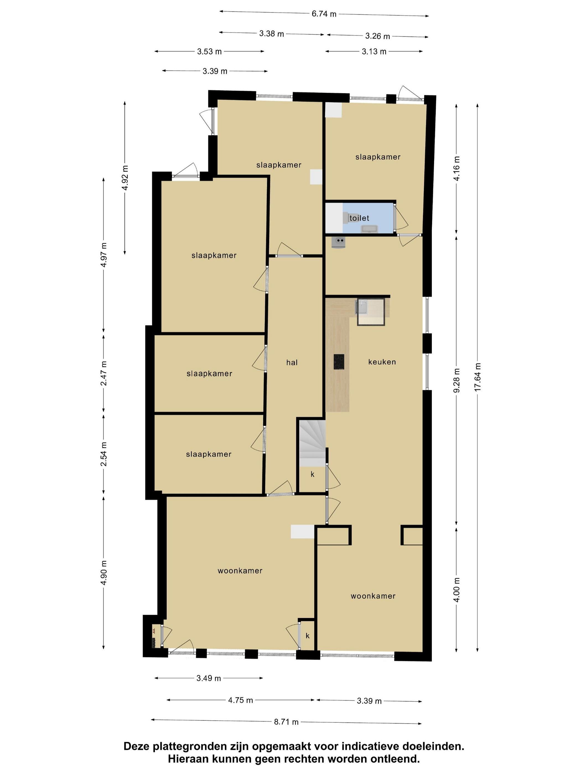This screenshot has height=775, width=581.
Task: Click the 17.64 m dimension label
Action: (478, 377)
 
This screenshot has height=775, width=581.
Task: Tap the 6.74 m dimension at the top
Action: (324, 14)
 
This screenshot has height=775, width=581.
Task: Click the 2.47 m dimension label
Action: (104, 373)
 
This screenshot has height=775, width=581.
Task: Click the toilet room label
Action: (359, 218)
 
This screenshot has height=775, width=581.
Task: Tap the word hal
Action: (292, 363)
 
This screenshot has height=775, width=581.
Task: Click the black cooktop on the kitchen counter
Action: (339, 362)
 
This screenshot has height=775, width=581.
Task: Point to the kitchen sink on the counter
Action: (361, 307)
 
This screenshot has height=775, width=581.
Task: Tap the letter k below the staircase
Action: (313, 474)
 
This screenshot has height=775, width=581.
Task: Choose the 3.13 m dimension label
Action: (374, 52)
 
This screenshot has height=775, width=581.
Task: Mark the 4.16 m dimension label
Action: (457, 169)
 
